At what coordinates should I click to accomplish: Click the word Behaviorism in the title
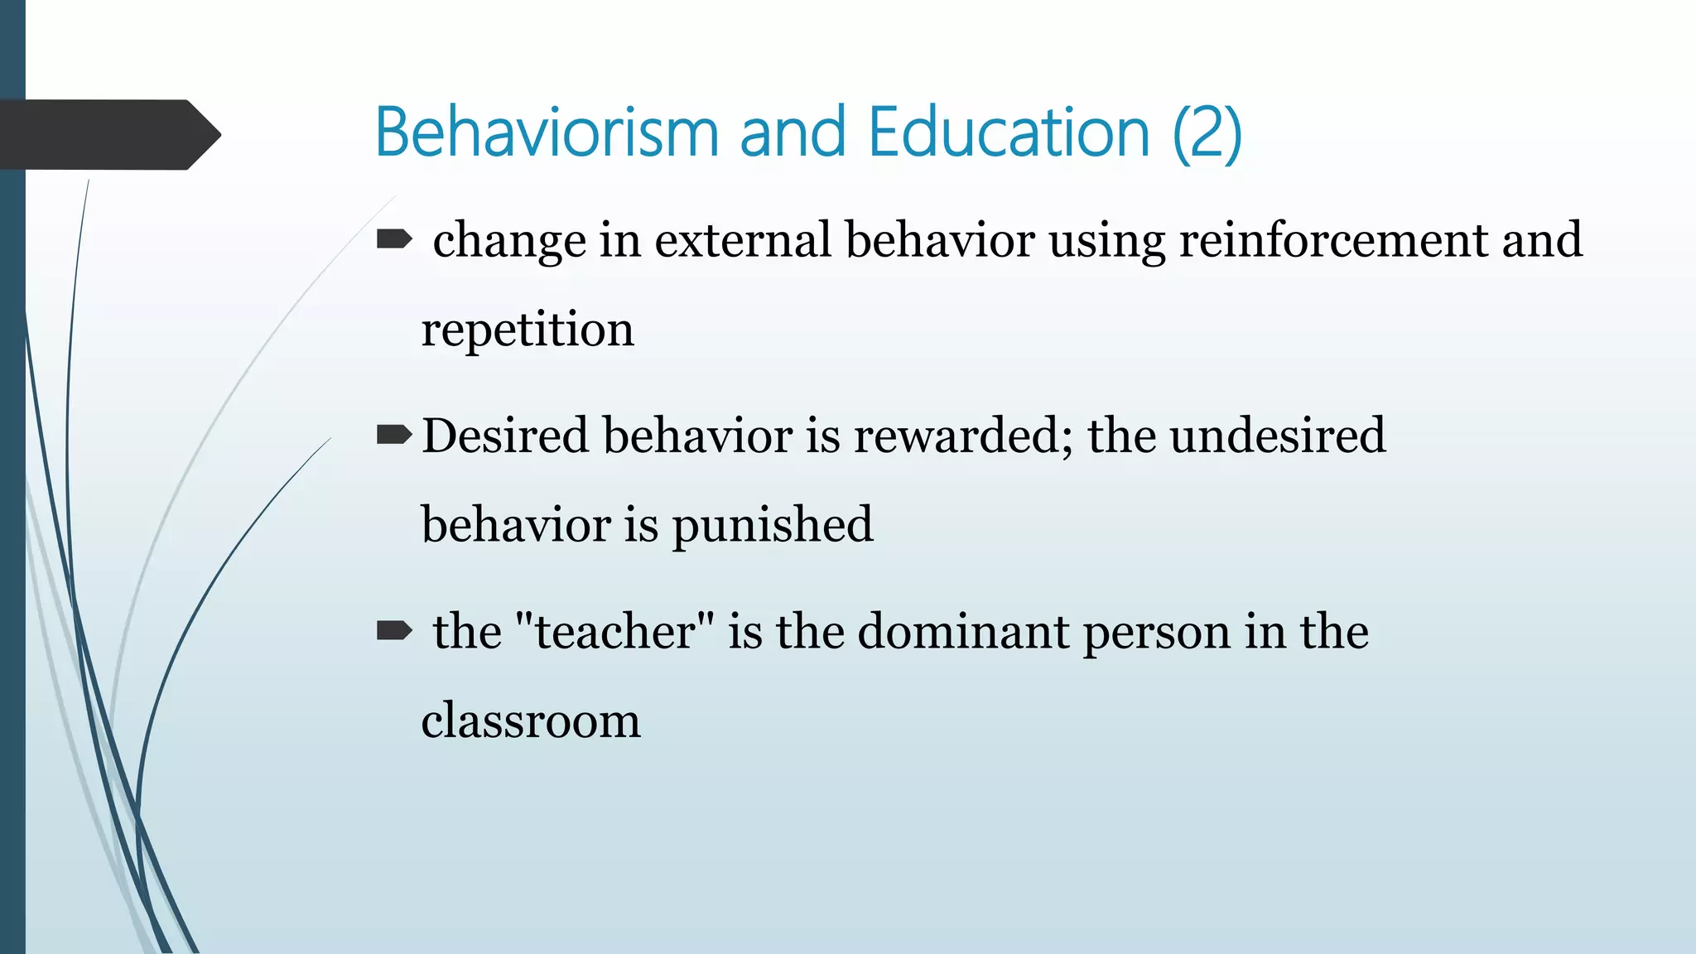547,132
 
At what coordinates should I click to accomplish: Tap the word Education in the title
1009,132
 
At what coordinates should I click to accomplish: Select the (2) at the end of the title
1207,132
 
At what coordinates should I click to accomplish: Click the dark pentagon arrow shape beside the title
108,134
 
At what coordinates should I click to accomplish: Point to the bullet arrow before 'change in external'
394,240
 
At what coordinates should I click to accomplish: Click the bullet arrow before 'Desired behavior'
394,435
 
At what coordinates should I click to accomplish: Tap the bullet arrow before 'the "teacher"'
394,631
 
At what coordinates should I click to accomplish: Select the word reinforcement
1333,240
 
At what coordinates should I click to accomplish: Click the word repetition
528,330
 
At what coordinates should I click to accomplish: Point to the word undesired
1278,436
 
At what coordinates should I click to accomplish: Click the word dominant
963,631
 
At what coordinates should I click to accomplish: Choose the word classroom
531,720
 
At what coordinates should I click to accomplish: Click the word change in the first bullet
509,242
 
